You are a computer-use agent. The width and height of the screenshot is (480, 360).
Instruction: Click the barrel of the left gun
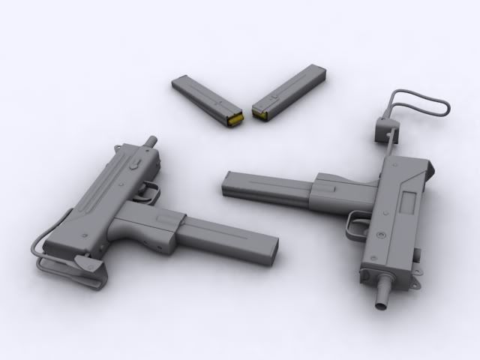point(152,141)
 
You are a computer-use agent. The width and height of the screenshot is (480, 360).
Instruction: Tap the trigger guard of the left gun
point(150,192)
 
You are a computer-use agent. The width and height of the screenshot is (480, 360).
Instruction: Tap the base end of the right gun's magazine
point(228,184)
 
